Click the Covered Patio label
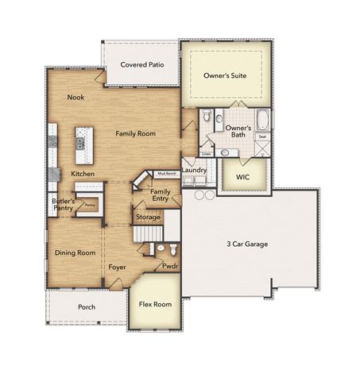[141, 64]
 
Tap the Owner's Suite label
[226, 76]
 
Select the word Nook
[75, 98]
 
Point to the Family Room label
[135, 134]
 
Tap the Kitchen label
[83, 173]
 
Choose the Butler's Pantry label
[64, 206]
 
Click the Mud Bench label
[166, 172]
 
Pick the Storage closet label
[148, 217]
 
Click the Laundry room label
[194, 171]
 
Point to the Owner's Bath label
[238, 131]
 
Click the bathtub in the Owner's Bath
[264, 123]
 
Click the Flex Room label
[156, 304]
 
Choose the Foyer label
[118, 267]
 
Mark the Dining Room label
[75, 252]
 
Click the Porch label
[87, 306]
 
